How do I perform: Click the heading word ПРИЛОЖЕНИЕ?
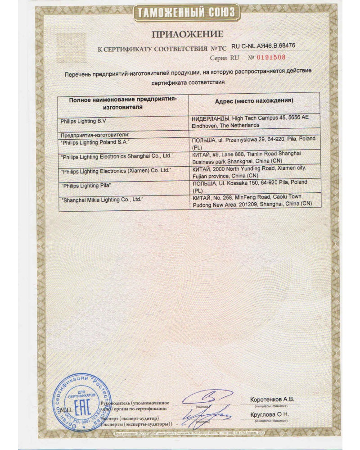click(x=187, y=34)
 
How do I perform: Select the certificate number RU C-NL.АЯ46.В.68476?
click(x=263, y=46)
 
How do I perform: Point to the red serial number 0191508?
click(x=271, y=58)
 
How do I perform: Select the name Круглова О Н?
click(x=270, y=414)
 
